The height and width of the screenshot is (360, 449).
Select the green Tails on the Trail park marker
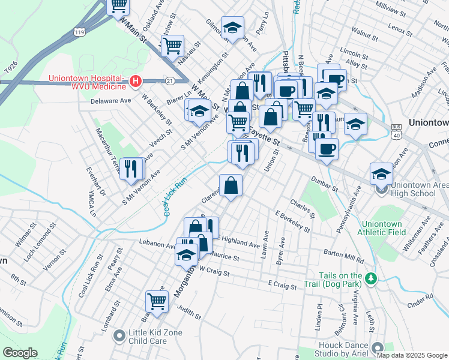[372, 278]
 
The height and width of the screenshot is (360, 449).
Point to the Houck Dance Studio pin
[378, 348]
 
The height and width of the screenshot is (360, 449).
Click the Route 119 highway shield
[78, 31]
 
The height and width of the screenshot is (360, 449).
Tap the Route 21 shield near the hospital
[170, 80]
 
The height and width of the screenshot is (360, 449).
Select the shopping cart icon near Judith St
[157, 301]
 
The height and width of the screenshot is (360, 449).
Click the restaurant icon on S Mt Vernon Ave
[130, 168]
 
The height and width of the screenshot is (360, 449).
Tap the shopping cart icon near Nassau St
[172, 44]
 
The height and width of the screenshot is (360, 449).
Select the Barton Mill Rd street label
[344, 256]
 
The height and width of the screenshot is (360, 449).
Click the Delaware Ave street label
[110, 101]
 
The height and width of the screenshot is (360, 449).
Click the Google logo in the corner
[20, 352]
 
